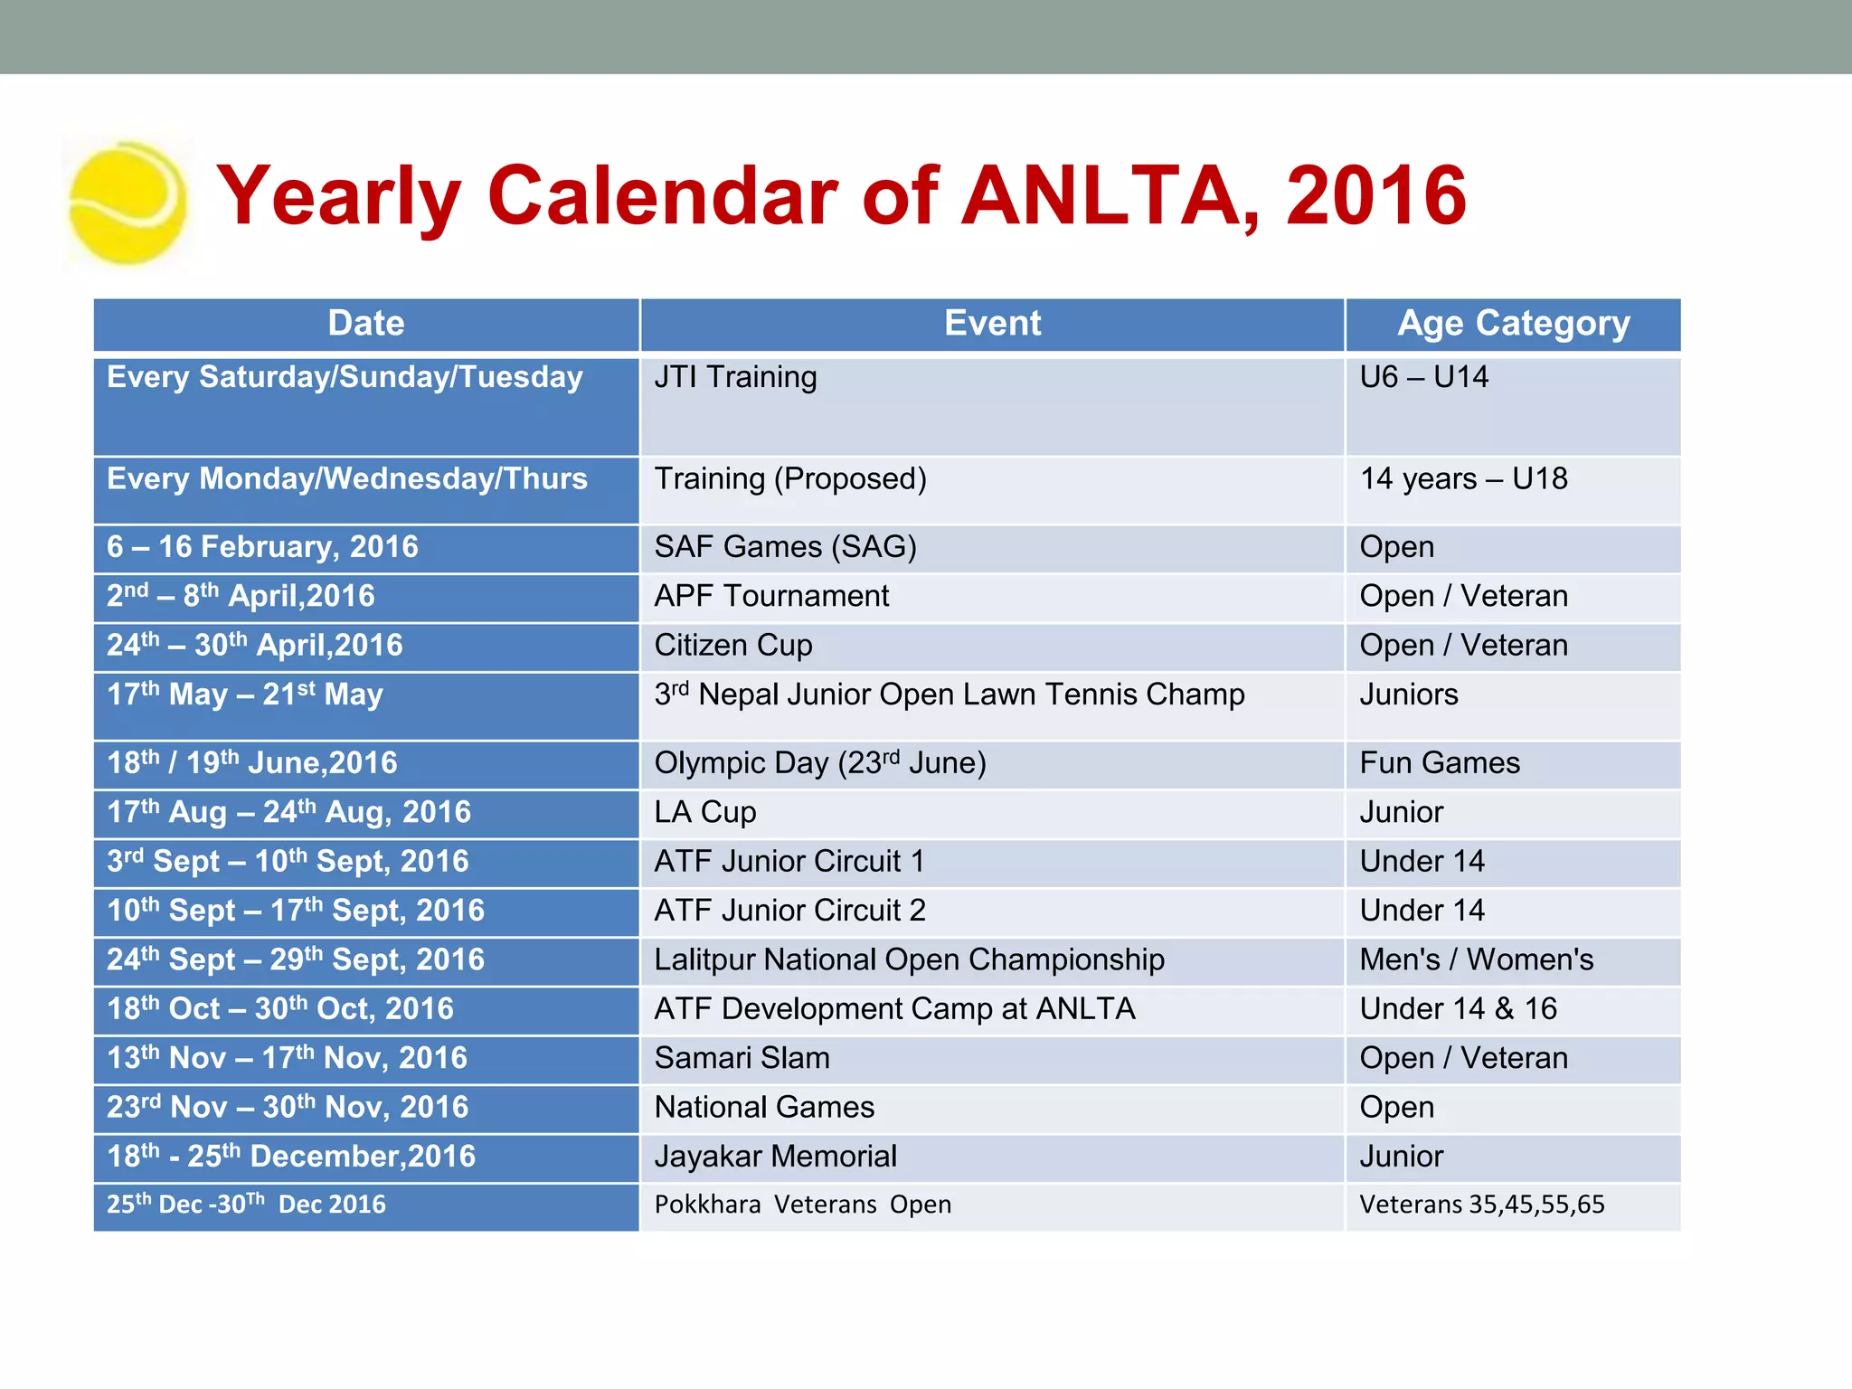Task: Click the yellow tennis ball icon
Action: tap(128, 203)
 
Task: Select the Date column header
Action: tap(365, 324)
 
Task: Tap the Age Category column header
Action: tap(1513, 324)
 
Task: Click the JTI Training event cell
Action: tap(735, 377)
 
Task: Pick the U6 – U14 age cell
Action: tap(1423, 377)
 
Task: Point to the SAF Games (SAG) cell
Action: tap(785, 547)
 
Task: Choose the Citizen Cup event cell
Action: tap(733, 646)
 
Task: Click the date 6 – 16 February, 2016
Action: tap(262, 547)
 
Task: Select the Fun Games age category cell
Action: tap(1440, 763)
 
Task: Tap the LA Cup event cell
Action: tap(705, 812)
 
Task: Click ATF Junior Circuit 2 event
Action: tap(789, 911)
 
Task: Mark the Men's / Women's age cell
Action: tap(1476, 959)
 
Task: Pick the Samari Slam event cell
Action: tap(742, 1058)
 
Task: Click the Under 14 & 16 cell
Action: tap(1458, 1009)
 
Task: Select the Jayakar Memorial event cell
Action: tap(775, 1157)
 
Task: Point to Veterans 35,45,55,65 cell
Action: tap(1481, 1205)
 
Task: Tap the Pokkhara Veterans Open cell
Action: tap(802, 1205)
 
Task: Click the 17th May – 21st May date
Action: tap(245, 695)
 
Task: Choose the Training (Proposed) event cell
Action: tap(790, 479)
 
